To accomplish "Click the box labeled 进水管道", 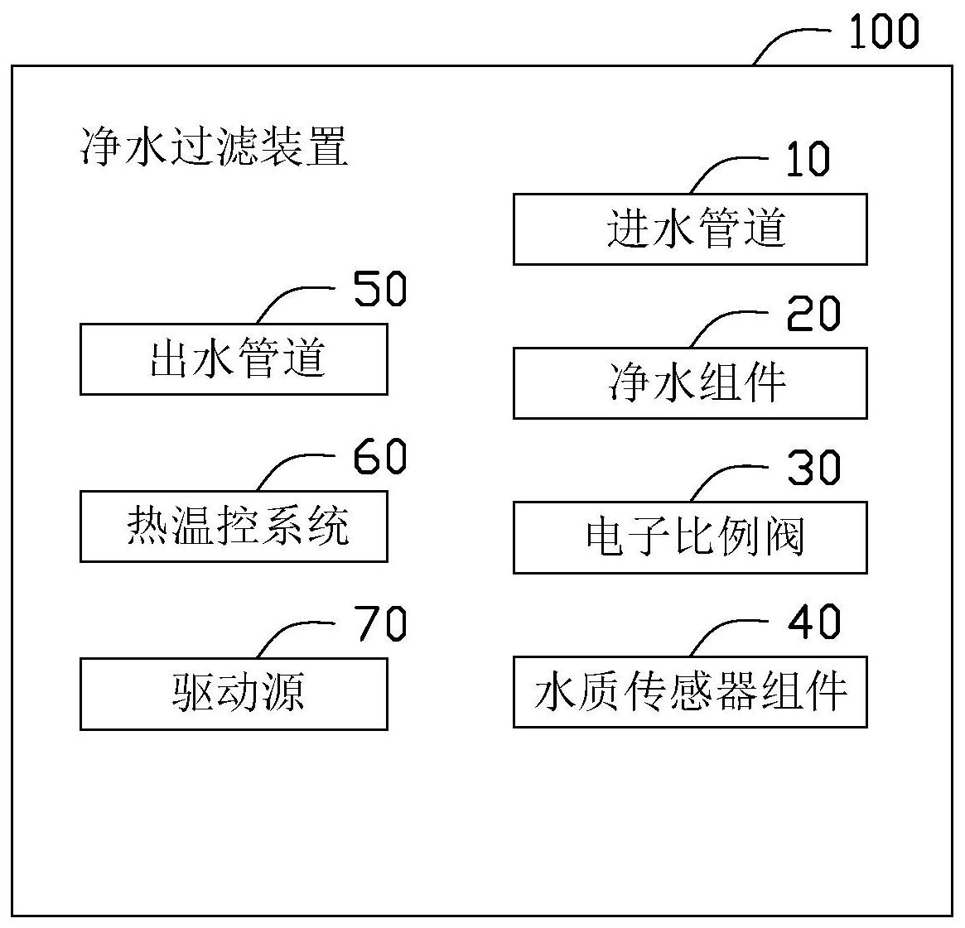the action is click(690, 229).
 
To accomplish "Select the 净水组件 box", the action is click(690, 383).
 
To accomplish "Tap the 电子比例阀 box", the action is click(690, 537).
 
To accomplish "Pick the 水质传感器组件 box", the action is click(690, 692).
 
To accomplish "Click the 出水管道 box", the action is click(234, 359).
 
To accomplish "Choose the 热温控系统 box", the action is click(234, 527).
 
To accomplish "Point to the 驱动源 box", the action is click(234, 695).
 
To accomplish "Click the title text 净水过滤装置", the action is click(215, 147).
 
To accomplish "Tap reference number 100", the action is click(884, 31).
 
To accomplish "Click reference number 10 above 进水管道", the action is click(808, 159).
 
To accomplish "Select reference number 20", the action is click(813, 314).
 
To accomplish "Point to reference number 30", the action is click(813, 468).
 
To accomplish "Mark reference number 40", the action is click(813, 621).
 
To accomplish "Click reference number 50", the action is click(379, 288).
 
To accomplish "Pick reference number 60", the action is click(379, 456).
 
